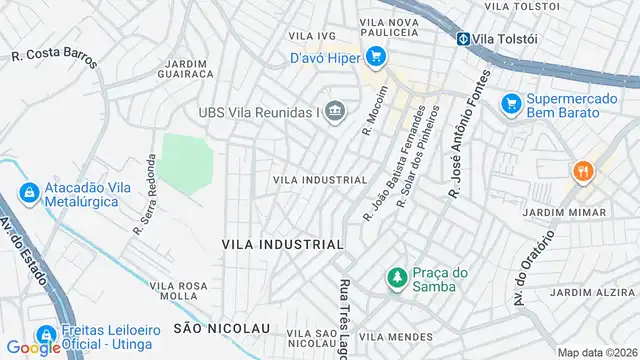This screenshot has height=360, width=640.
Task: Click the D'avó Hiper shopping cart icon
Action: pyautogui.click(x=376, y=56)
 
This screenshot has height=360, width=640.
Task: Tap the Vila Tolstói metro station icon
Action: pyautogui.click(x=464, y=39)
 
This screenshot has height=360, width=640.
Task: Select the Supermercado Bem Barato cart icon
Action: pyautogui.click(x=511, y=102)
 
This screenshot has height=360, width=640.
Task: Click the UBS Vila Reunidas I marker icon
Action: pyautogui.click(x=336, y=112)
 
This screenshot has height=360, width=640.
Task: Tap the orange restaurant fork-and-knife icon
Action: pyautogui.click(x=582, y=172)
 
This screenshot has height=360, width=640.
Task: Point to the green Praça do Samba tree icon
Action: pyautogui.click(x=397, y=276)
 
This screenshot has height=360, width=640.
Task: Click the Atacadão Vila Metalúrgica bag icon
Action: pyautogui.click(x=28, y=191)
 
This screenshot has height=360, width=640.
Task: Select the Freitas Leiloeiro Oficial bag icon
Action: pyautogui.click(x=45, y=335)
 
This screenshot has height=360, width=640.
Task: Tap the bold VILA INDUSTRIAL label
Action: pyautogui.click(x=282, y=244)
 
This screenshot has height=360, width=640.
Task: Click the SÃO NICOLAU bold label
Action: pyautogui.click(x=222, y=328)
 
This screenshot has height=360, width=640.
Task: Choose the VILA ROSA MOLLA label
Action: pyautogui.click(x=179, y=291)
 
